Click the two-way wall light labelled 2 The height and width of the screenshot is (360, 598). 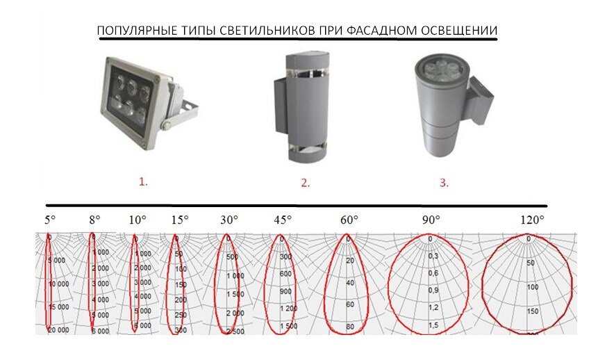point(297,108)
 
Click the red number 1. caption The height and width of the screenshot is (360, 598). point(143,182)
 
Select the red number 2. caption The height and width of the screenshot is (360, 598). point(305,183)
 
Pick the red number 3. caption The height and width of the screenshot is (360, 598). point(444,183)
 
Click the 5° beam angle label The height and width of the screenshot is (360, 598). point(50,220)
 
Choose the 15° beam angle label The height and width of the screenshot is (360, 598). point(179,220)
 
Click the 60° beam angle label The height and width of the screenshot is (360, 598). point(349,220)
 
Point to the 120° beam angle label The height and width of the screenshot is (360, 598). point(531,220)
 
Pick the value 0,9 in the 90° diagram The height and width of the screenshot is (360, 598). point(433,290)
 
